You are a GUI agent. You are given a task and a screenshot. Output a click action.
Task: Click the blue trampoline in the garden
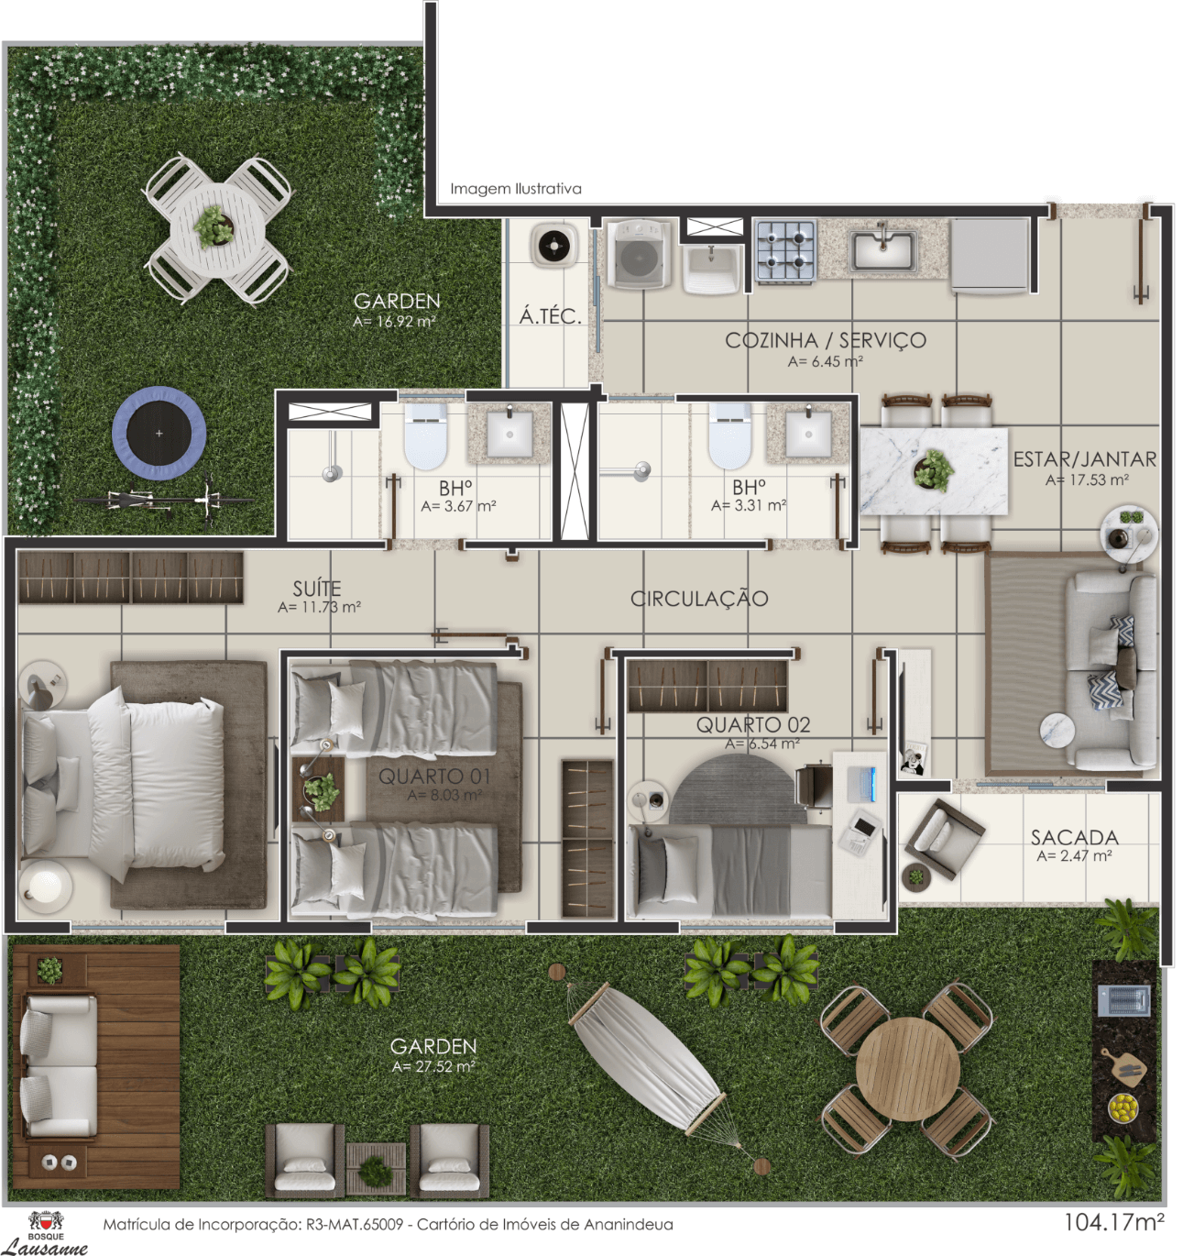tap(159, 434)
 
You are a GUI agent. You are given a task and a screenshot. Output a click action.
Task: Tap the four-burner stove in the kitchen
tap(785, 250)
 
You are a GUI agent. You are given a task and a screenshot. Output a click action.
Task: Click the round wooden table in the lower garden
tap(908, 1069)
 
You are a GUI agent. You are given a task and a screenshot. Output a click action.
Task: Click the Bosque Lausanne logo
tap(56, 1231)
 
